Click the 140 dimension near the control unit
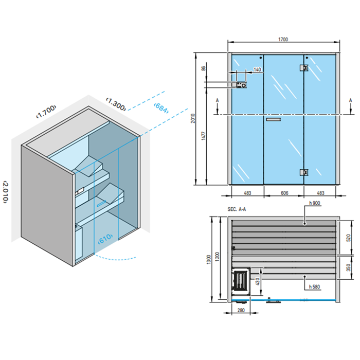pyautogui.click(x=257, y=69)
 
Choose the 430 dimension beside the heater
pyautogui.click(x=258, y=281)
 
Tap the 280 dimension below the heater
pyautogui.click(x=241, y=310)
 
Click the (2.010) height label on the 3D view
pyautogui.click(x=7, y=192)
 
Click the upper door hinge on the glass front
pyautogui.click(x=304, y=67)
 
